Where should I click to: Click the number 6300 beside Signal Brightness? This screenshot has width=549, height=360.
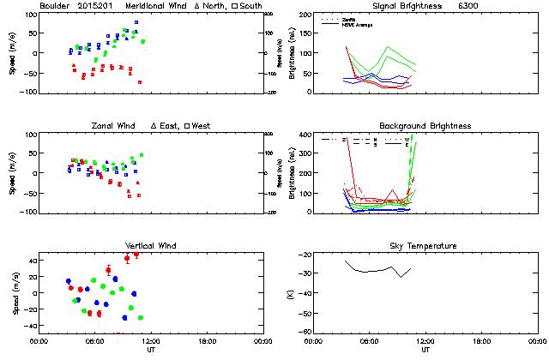(x=469, y=6)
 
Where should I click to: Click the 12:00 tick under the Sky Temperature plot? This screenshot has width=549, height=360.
(x=426, y=341)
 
